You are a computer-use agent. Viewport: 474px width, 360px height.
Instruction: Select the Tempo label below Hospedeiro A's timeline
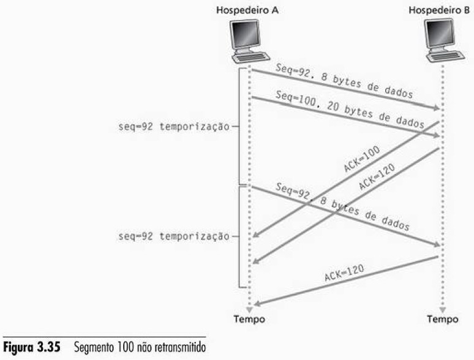pyautogui.click(x=250, y=319)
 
